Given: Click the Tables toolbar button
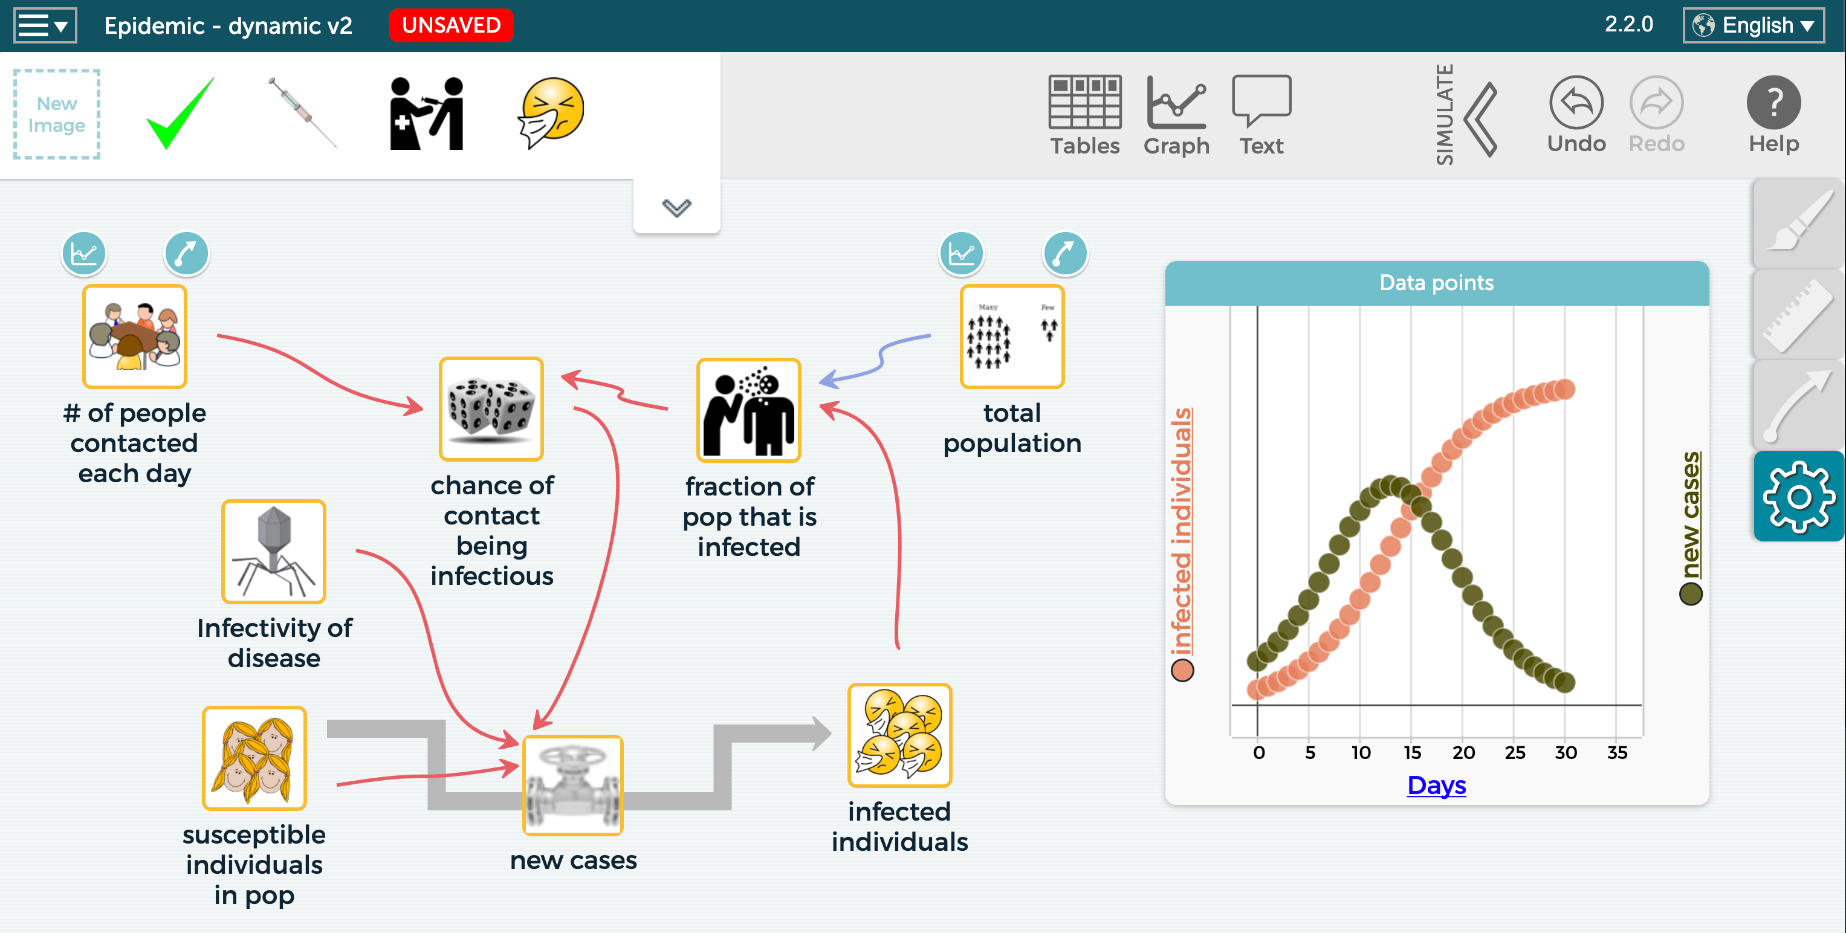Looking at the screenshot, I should pyautogui.click(x=1084, y=115).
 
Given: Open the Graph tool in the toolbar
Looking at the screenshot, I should pyautogui.click(x=1176, y=115).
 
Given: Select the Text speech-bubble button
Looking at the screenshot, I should pyautogui.click(x=1261, y=115).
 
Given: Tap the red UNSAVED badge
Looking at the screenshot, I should pyautogui.click(x=451, y=26).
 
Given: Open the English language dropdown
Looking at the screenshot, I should pyautogui.click(x=1753, y=26).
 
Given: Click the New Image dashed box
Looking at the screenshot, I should pyautogui.click(x=57, y=115).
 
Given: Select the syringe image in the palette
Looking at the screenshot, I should pyautogui.click(x=302, y=113).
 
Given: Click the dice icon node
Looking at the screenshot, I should pyautogui.click(x=491, y=408).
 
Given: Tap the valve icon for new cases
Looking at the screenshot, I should pyautogui.click(x=572, y=786).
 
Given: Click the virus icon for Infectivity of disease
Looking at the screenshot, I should pyautogui.click(x=274, y=552).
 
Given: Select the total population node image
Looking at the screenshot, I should pyautogui.click(x=1012, y=336).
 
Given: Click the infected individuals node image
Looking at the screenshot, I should pyautogui.click(x=899, y=735).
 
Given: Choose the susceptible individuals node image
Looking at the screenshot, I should pyautogui.click(x=254, y=758).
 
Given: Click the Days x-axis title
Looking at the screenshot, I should pyautogui.click(x=1436, y=786).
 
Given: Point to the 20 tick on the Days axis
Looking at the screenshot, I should pyautogui.click(x=1463, y=752).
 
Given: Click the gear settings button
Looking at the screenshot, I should pyautogui.click(x=1798, y=496).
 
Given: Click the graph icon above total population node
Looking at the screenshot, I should pyautogui.click(x=961, y=254).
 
